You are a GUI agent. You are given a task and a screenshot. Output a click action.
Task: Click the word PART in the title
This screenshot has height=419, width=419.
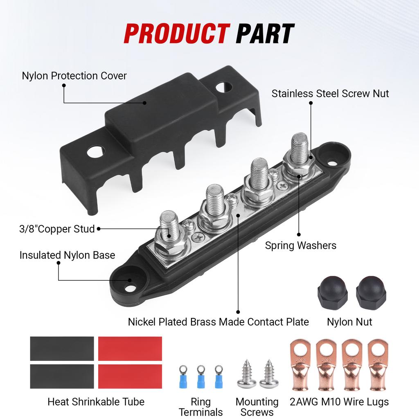265,34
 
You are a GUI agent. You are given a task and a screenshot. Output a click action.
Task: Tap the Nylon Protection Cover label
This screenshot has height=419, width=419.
74,76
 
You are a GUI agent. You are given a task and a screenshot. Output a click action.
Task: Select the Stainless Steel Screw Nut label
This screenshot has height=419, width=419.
330,93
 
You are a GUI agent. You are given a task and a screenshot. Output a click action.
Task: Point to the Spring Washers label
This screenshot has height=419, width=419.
300,246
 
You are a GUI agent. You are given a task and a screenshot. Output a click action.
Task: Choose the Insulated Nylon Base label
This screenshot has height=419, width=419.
67,255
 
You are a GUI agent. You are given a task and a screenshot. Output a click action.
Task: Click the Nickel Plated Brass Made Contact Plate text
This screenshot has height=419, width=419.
218,322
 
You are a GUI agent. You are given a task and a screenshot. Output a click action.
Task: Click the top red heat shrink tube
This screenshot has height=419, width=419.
130,349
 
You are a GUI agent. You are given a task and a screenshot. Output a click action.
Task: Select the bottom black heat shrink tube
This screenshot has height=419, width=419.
62,376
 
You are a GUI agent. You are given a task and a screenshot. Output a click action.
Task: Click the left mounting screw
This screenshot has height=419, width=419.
247,374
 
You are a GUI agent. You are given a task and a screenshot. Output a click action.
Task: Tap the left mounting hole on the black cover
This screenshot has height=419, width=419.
96,152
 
